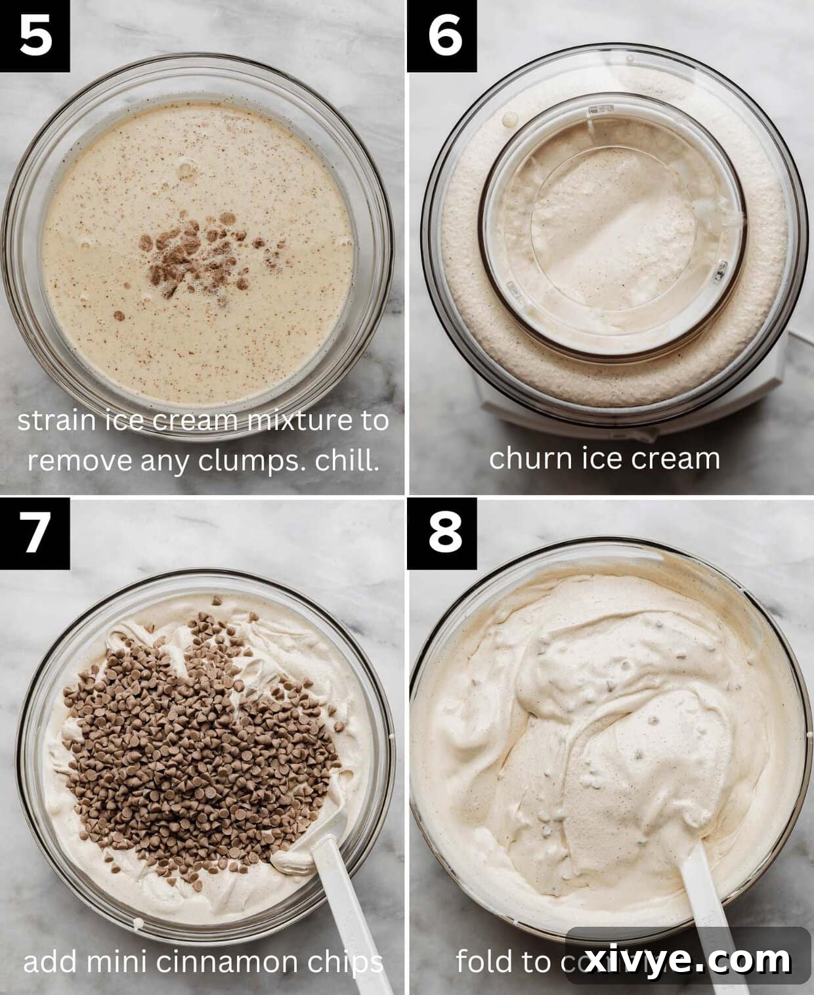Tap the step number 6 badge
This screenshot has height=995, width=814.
pyautogui.click(x=444, y=35)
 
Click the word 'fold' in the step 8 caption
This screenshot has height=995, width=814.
pyautogui.click(x=482, y=962)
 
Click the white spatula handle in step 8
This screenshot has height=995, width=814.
pyautogui.click(x=712, y=906)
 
